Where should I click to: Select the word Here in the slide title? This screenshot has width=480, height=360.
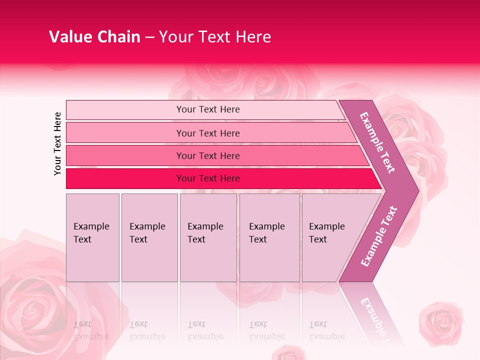pos(253,37)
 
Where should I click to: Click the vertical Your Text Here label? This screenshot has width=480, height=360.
pos(57,143)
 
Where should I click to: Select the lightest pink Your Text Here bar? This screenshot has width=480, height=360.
pos(208,109)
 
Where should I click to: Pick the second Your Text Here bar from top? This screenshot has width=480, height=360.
pos(208,133)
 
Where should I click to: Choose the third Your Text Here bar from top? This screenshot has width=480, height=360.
pos(208,155)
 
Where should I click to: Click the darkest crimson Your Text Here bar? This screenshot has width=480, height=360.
pos(208,178)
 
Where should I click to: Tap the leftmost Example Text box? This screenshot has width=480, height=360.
pos(92,237)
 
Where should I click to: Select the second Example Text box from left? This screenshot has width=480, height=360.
pos(149,237)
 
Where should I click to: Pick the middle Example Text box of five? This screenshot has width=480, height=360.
pos(208,237)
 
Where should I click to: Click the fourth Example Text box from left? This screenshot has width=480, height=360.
pos(269,237)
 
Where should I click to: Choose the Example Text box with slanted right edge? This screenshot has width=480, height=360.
pos(330,237)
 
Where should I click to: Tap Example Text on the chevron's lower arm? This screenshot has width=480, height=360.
pos(379,236)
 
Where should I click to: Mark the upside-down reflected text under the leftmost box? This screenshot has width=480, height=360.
pos(91,330)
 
